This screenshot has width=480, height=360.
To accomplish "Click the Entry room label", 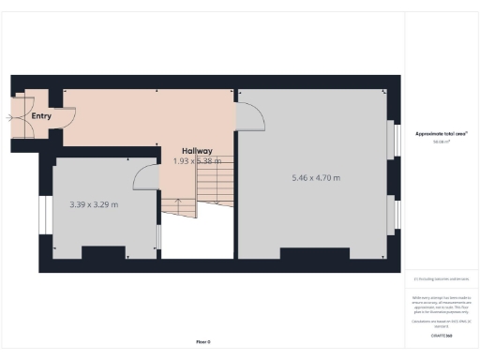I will tap(41, 116).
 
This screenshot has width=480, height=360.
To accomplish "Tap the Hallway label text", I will tap(198, 151).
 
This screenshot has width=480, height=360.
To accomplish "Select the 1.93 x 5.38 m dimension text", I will tap(198, 161).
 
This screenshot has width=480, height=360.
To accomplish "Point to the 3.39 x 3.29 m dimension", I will tap(94, 203).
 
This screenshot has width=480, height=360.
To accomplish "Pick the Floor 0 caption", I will tap(203, 342).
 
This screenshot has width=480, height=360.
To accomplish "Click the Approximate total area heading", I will tap(441, 134).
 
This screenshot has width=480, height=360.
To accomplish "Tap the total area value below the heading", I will tap(440, 142).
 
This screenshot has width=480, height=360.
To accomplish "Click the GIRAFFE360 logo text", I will tap(442, 335).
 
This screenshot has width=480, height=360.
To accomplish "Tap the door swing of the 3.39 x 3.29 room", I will tap(143, 175).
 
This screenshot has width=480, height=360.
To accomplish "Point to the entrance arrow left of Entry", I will tap(9, 117).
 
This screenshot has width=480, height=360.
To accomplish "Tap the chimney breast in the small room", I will tap(104, 252).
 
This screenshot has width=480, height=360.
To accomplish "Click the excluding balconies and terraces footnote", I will tap(441, 278).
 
